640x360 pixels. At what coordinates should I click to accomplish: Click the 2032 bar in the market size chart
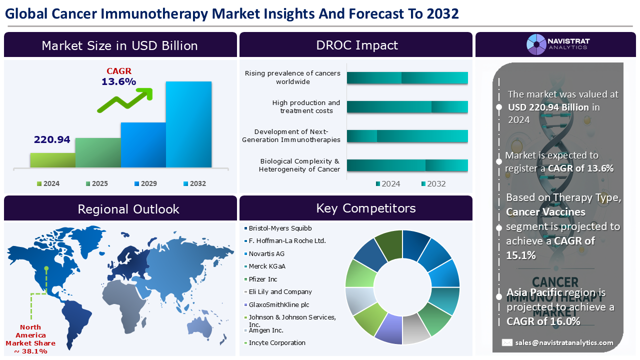coord(188,124)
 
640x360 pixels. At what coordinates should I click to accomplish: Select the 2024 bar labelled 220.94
coord(53,160)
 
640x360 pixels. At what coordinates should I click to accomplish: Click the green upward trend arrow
coord(125,99)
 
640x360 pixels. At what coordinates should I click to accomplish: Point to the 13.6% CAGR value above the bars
coord(119,81)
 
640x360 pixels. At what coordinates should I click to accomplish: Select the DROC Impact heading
coord(356,45)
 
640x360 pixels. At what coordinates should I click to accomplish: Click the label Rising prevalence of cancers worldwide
coord(292,77)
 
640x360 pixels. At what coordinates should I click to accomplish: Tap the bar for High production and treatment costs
coord(407,107)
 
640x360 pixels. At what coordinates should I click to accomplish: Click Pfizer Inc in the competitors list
coord(263,279)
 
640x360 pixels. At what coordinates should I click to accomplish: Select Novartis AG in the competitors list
coord(266,253)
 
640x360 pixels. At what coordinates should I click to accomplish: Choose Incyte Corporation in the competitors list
coord(277,342)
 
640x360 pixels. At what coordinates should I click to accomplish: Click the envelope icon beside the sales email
coord(507,342)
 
